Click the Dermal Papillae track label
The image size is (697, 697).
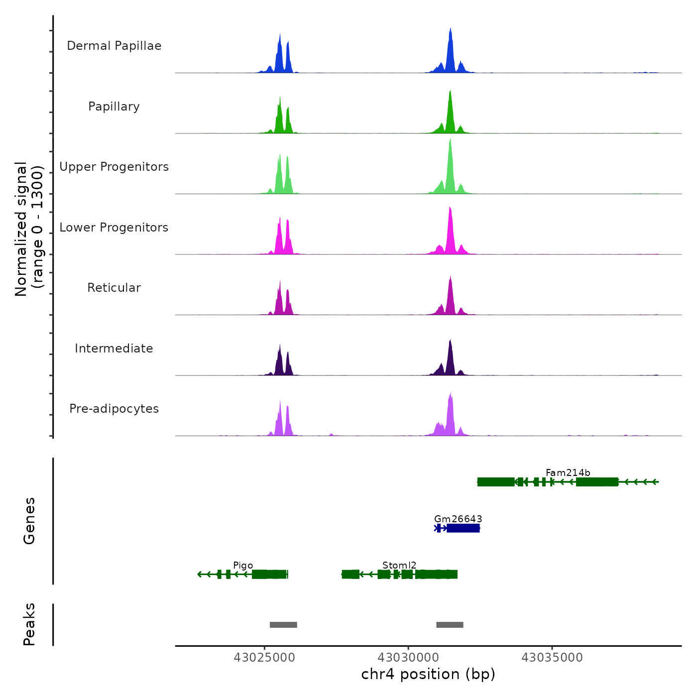[x=114, y=46]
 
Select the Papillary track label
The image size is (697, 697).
[x=114, y=107]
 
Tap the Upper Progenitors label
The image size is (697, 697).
[x=114, y=167]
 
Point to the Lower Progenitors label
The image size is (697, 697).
[x=114, y=228]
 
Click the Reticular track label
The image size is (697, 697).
[x=114, y=288]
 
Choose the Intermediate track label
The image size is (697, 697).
[x=114, y=348]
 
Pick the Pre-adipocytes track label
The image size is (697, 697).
[x=114, y=409]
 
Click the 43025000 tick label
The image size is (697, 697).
[x=264, y=658]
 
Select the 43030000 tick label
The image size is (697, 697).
[x=408, y=658]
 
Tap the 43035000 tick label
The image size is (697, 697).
[x=552, y=658]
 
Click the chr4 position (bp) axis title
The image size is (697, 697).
[x=428, y=674]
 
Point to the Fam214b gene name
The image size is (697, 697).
[x=568, y=472]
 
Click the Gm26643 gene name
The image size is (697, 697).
[x=458, y=519]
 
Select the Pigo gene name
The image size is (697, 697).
[x=243, y=565]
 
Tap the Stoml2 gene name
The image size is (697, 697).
[x=399, y=565]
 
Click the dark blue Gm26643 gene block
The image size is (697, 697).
[x=463, y=528]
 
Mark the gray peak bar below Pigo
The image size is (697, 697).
[x=283, y=625]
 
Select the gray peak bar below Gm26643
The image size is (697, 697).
[x=450, y=625]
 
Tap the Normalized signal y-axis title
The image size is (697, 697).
[x=29, y=229]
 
